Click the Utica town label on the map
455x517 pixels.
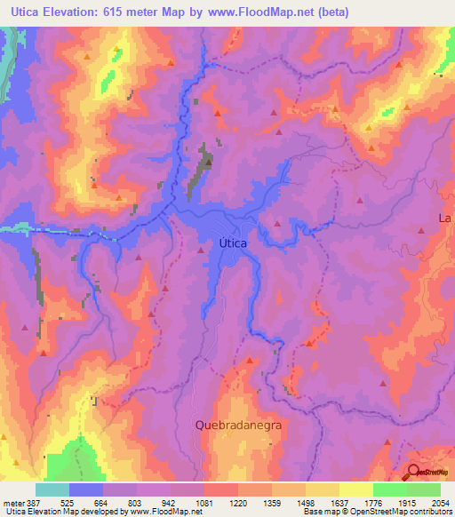[233, 242]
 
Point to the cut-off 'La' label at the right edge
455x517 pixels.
[446, 218]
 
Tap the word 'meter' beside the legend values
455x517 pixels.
[12, 501]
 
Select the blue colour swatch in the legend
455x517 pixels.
[86, 489]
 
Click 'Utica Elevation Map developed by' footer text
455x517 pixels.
[63, 512]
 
